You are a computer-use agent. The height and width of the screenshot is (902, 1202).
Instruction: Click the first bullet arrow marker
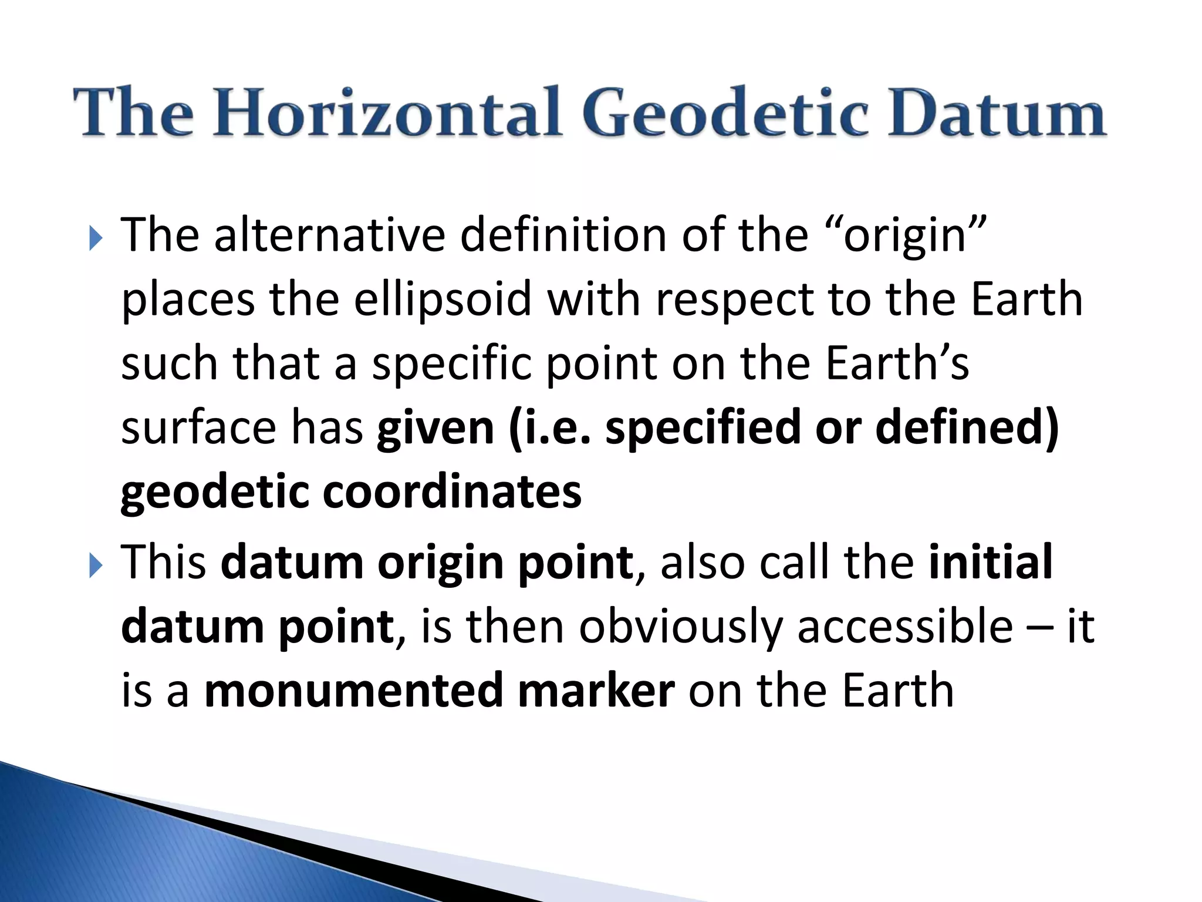tap(95, 239)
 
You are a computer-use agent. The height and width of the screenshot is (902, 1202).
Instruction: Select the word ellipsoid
tap(443, 299)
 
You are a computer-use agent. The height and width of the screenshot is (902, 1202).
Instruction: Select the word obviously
tap(681, 627)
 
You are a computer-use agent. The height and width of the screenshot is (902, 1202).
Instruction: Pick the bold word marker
tap(596, 691)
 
